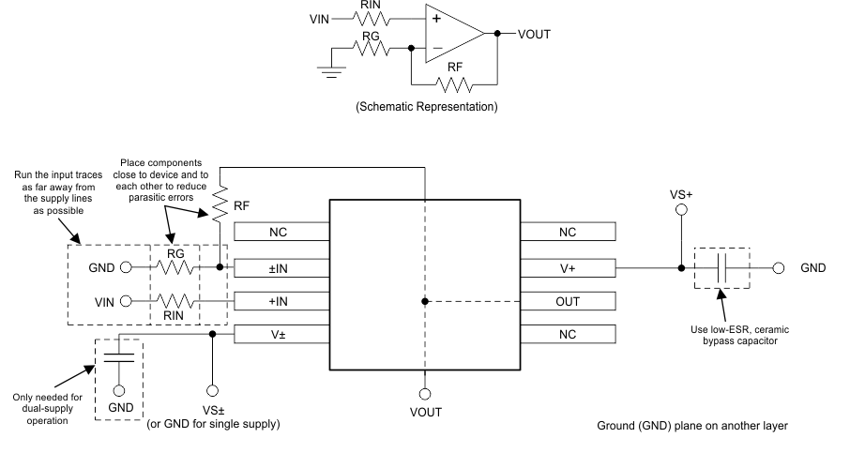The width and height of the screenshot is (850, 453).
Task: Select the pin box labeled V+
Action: point(568,267)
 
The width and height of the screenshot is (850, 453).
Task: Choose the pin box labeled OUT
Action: point(568,301)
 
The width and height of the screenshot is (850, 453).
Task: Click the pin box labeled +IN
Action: point(281,301)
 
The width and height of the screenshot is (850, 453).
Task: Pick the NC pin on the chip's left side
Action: point(281,233)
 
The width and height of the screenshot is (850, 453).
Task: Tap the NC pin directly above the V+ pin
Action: point(568,233)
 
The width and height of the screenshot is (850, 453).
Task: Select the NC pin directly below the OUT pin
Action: point(568,334)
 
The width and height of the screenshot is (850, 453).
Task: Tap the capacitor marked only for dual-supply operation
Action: point(118,357)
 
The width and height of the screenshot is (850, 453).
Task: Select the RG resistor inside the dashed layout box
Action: point(176,267)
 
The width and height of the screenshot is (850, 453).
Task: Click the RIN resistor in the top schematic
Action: point(369,17)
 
